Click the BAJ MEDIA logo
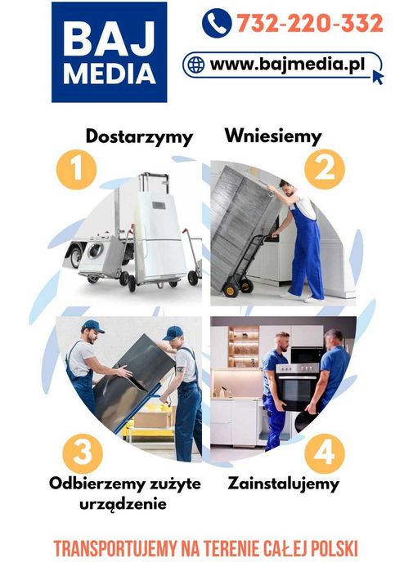(x=109, y=51)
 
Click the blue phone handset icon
(x=216, y=22)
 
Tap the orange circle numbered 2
(x=325, y=169)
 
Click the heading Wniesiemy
(x=273, y=135)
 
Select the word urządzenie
(x=123, y=504)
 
